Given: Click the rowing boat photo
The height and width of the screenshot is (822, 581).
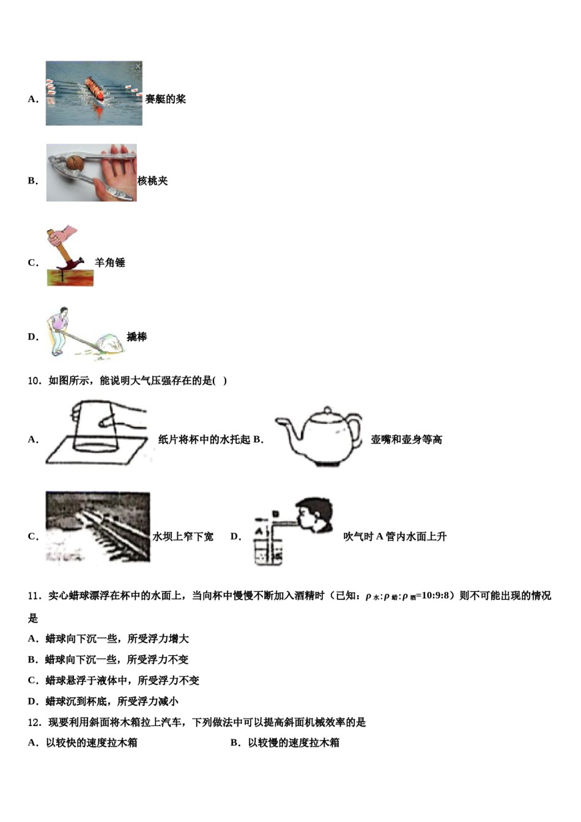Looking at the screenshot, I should pyautogui.click(x=94, y=93).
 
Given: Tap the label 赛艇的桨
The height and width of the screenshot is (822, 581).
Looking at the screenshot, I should pyautogui.click(x=165, y=99).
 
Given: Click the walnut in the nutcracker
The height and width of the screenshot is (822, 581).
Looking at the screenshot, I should pyautogui.click(x=74, y=163).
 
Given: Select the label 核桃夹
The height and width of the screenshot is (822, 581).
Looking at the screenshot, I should pyautogui.click(x=152, y=181).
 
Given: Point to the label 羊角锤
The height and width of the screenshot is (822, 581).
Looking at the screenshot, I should pyautogui.click(x=110, y=262).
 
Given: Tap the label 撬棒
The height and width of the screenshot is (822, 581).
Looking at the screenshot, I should pyautogui.click(x=136, y=337).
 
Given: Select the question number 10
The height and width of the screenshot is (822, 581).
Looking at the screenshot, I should pyautogui.click(x=34, y=381).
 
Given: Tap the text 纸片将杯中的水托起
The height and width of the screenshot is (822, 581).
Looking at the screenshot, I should pyautogui.click(x=204, y=440).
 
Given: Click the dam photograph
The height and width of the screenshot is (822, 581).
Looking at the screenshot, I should pyautogui.click(x=97, y=527).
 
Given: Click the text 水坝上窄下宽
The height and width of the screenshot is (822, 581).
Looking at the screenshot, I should pyautogui.click(x=183, y=537).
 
